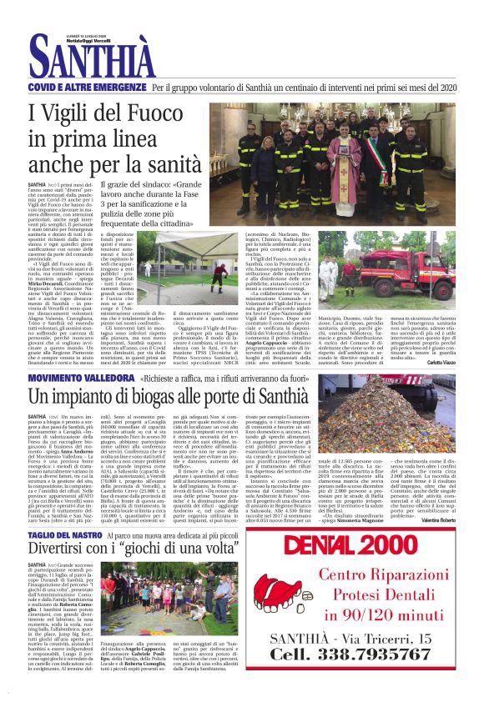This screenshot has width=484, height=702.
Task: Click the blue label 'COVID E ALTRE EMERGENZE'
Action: tap(87, 87)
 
